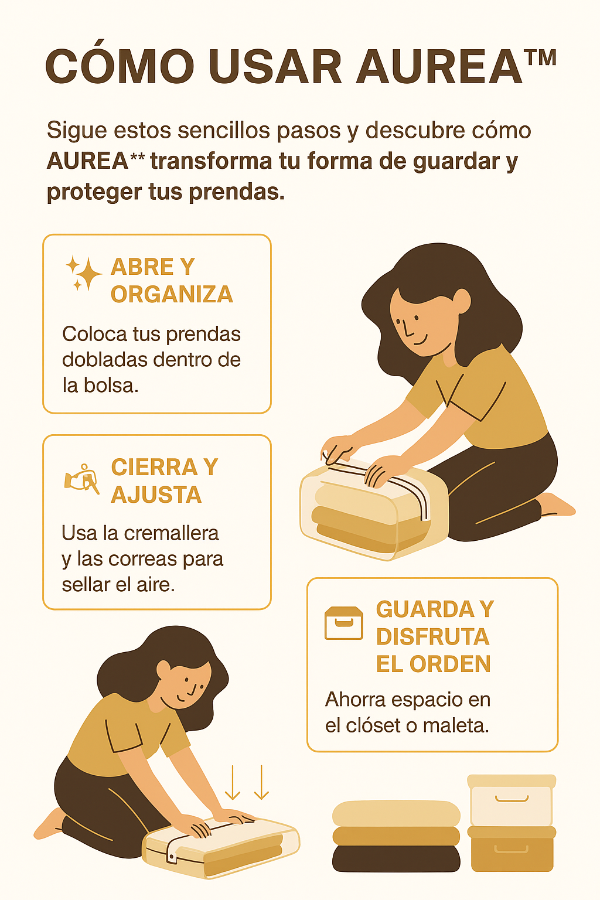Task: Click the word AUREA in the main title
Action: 439,66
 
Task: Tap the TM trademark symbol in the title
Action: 540,57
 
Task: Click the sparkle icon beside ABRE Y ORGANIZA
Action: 84,272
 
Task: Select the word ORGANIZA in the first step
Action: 172,294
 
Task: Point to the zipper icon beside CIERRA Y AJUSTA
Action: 82,479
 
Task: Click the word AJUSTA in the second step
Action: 156,494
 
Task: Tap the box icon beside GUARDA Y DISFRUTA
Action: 343,623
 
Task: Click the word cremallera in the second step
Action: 172,533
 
